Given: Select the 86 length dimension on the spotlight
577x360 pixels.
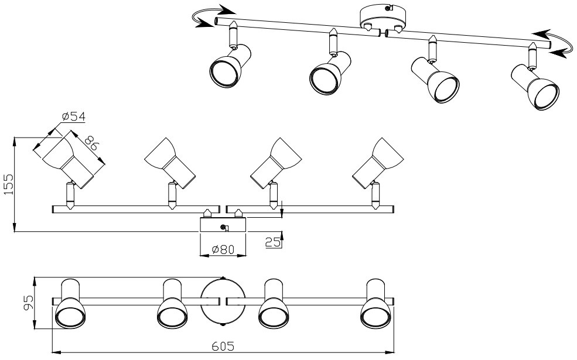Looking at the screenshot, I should coord(90,144).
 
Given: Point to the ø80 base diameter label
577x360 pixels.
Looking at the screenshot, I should coord(223,249).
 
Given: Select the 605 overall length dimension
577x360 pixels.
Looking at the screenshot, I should coord(223,347).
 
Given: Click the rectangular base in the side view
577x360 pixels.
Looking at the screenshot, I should coord(223,225).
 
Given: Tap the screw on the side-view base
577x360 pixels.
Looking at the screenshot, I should coord(223,228).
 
